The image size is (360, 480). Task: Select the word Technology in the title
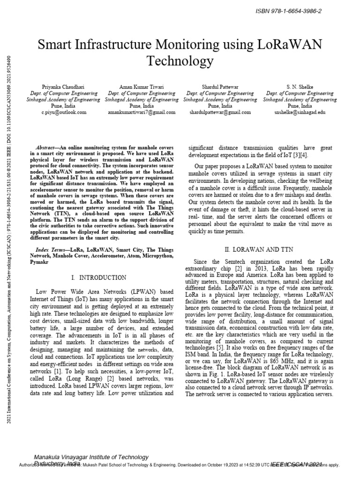click(x=180, y=61)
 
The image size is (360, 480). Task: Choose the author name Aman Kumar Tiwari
click(x=135, y=87)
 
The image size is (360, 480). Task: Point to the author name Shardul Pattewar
click(x=214, y=87)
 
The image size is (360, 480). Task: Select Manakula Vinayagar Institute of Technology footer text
click(x=91, y=457)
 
